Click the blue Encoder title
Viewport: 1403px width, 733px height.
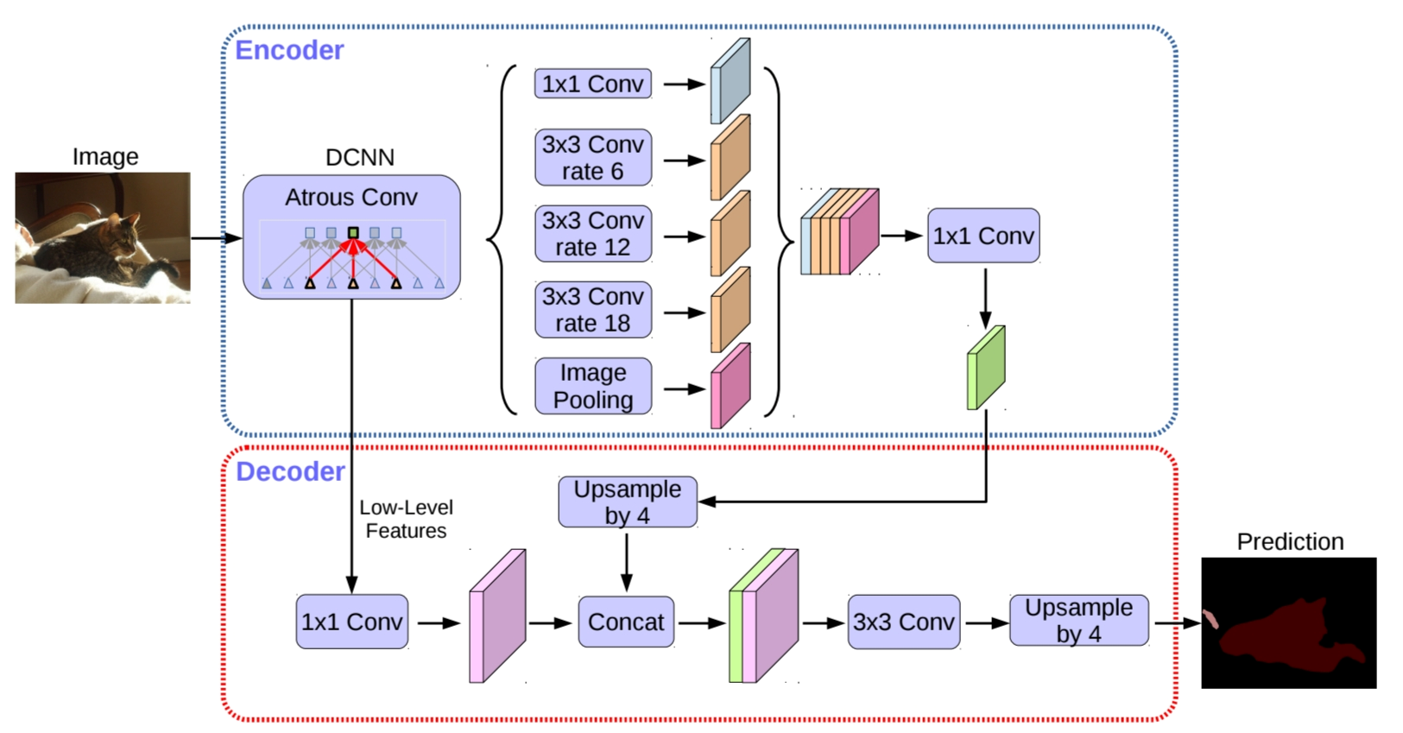click(x=289, y=50)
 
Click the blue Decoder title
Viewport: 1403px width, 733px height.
click(x=290, y=471)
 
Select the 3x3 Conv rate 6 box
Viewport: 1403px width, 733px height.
click(x=593, y=158)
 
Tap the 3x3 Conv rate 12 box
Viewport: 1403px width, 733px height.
click(x=593, y=234)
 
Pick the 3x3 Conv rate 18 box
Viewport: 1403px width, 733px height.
click(x=593, y=310)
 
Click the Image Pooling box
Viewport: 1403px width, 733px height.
click(x=593, y=386)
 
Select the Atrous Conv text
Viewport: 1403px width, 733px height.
click(x=351, y=198)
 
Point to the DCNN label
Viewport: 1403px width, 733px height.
click(x=360, y=157)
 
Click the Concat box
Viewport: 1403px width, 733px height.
click(x=626, y=622)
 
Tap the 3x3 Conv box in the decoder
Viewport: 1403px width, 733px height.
click(x=904, y=622)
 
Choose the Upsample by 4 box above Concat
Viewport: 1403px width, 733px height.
click(x=628, y=502)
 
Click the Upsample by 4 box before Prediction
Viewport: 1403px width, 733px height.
click(x=1079, y=620)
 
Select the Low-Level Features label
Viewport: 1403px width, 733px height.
click(x=406, y=519)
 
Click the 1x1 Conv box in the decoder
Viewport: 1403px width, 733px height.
click(x=351, y=622)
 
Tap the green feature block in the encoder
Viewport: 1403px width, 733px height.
click(x=986, y=367)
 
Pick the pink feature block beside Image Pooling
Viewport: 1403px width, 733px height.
click(x=730, y=386)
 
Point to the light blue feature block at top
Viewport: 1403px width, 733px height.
click(x=730, y=81)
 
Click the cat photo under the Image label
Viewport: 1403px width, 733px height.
click(x=103, y=237)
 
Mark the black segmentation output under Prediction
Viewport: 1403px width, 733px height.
click(x=1289, y=622)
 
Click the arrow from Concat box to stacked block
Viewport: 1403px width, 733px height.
click(x=701, y=622)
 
